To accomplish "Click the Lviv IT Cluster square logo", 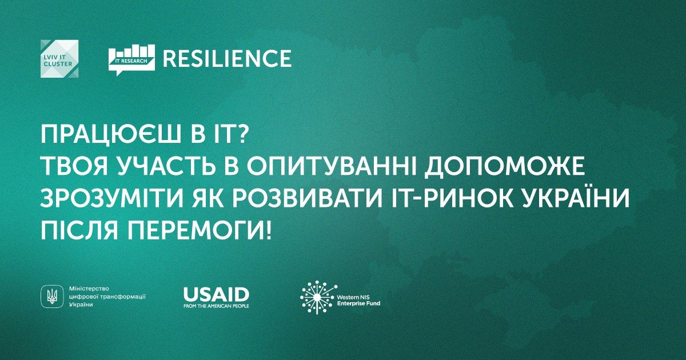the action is (59, 59).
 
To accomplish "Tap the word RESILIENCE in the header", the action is (227, 58).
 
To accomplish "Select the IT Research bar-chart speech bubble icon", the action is (131, 60).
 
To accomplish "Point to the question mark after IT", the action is (241, 134).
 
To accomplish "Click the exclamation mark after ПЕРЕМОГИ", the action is (268, 231).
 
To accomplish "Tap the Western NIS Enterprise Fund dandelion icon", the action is (318, 297).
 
